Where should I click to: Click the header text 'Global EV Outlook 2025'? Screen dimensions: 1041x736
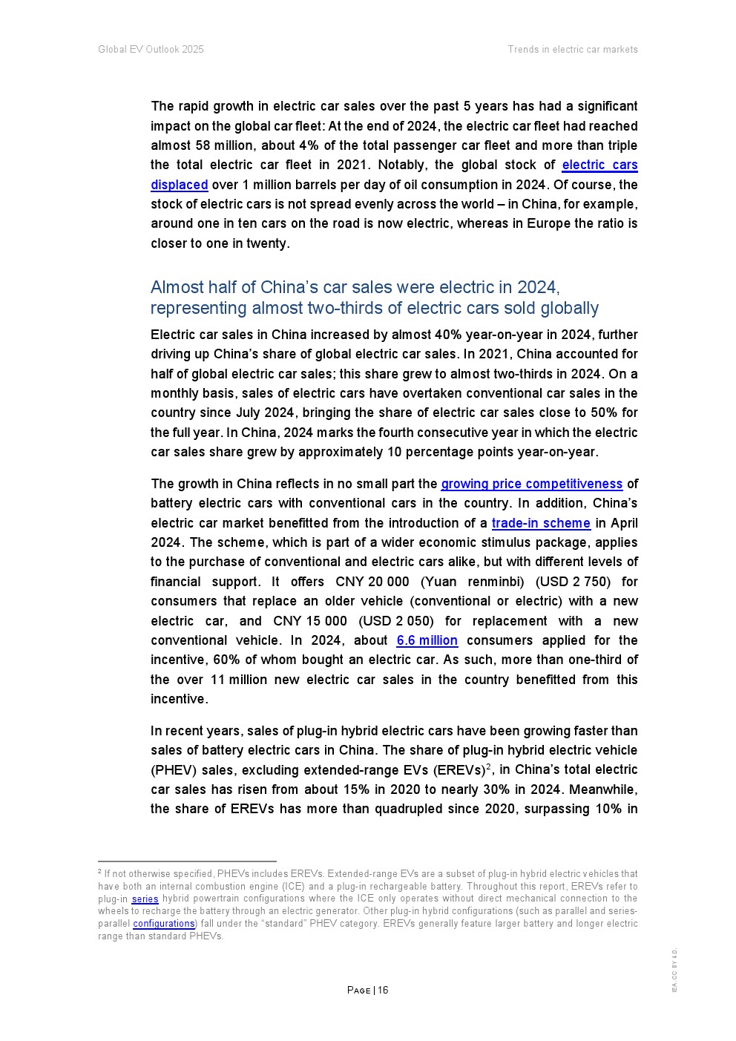[x=151, y=50]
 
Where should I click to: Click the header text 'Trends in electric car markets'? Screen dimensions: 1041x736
[x=572, y=50]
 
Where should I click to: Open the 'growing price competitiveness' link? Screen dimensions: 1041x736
[x=531, y=484]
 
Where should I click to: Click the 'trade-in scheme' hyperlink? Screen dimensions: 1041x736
[x=541, y=523]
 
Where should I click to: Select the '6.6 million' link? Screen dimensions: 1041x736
[x=427, y=640]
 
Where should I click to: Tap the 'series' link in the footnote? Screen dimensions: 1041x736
[x=145, y=899]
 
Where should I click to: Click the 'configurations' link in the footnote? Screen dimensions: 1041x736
[x=163, y=924]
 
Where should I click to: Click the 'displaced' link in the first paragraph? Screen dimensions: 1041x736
[x=179, y=185]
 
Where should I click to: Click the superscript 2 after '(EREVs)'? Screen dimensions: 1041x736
[x=488, y=766]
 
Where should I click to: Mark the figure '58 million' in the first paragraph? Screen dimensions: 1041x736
[x=226, y=145]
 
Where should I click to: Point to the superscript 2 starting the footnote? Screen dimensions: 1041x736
[x=100, y=872]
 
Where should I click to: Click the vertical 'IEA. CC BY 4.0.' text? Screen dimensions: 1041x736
[x=674, y=969]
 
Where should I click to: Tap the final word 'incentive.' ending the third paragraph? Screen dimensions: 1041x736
[x=179, y=699]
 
